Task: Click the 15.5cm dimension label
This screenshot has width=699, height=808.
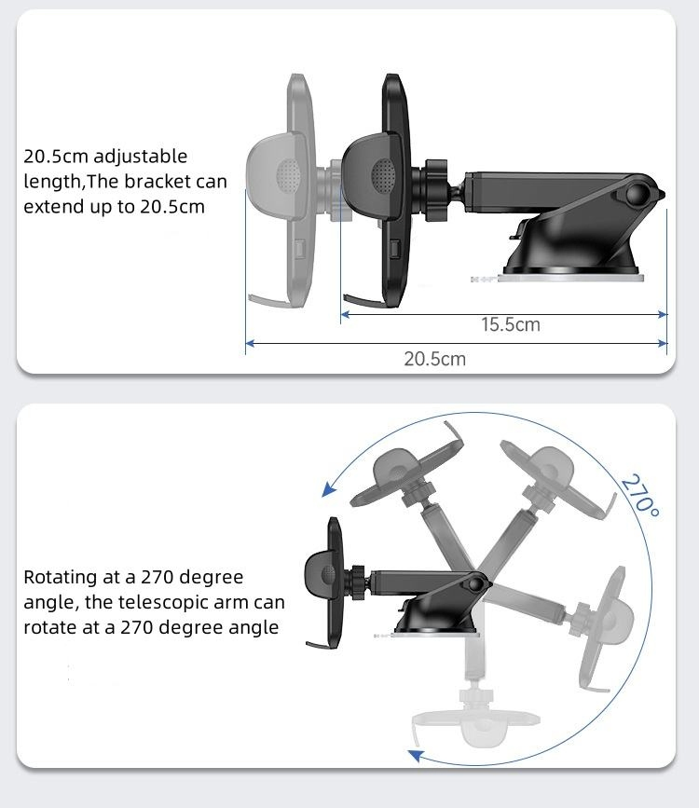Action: click(x=511, y=324)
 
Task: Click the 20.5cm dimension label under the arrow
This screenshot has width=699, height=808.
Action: click(x=434, y=359)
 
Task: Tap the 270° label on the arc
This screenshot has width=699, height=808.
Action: click(x=640, y=496)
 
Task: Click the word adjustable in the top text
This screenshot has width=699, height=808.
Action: click(x=140, y=157)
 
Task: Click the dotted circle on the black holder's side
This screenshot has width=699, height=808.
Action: click(x=383, y=173)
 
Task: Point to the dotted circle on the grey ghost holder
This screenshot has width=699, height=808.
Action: click(x=288, y=173)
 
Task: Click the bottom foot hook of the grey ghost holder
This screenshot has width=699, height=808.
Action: click(x=269, y=300)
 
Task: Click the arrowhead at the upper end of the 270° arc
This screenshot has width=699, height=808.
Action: click(x=328, y=489)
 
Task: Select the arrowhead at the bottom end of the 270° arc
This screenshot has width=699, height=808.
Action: click(x=416, y=756)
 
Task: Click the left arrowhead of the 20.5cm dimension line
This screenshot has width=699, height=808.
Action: click(x=250, y=343)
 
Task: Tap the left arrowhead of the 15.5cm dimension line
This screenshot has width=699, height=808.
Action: click(x=346, y=314)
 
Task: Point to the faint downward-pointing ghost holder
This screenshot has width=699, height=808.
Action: click(x=475, y=711)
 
